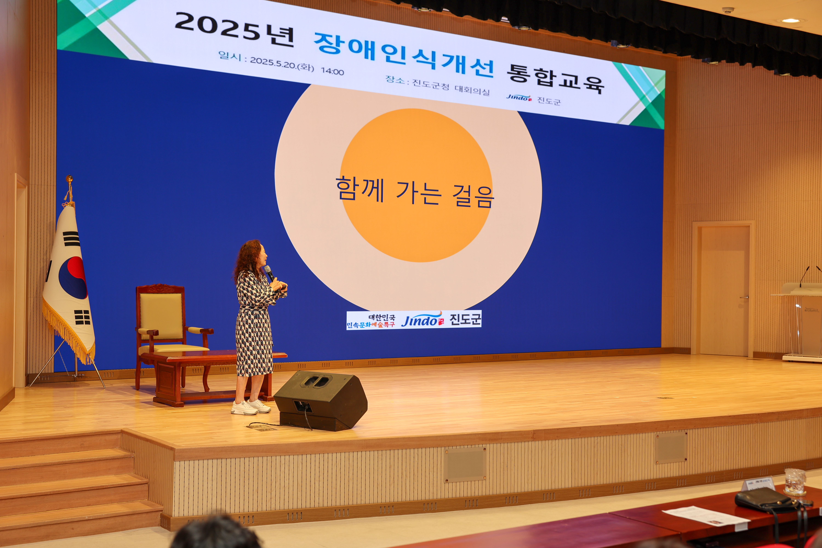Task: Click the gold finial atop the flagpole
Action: tap(70, 179)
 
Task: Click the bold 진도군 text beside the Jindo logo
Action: tap(465, 319)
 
